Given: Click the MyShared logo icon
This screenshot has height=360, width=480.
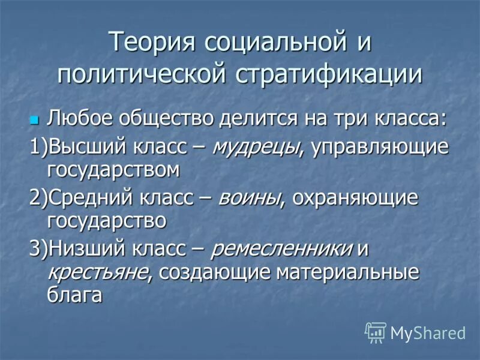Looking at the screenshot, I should [376, 332].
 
